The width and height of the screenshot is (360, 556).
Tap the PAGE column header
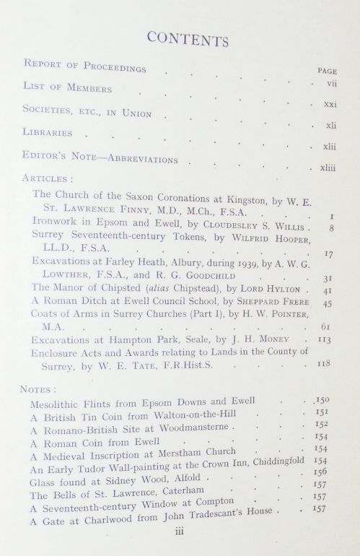click(328, 71)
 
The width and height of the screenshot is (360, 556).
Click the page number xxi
click(330, 105)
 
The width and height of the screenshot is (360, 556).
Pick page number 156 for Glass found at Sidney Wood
click(322, 467)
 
